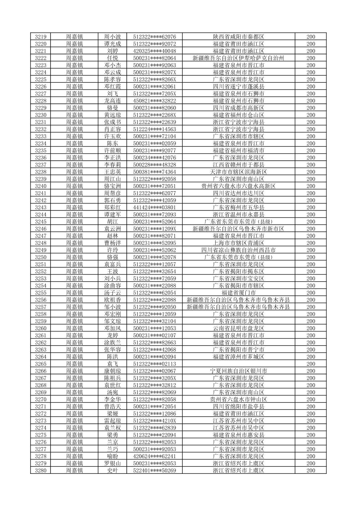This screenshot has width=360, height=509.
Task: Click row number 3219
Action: (x=41, y=37)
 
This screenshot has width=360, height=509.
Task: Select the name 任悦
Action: (x=112, y=58)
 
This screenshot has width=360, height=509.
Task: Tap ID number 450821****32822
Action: (x=154, y=101)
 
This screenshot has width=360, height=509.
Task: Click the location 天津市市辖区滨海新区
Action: (x=238, y=172)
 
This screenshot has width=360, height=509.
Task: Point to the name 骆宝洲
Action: (x=112, y=186)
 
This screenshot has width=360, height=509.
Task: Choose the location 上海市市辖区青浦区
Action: (x=238, y=243)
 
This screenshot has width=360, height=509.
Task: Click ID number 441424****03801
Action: (x=154, y=207)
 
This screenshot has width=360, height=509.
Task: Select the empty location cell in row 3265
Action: (x=238, y=364)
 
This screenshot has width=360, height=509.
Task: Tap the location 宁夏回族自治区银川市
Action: (x=238, y=371)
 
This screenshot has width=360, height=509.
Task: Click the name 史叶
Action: (x=112, y=470)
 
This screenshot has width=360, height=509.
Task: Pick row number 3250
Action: (x=41, y=257)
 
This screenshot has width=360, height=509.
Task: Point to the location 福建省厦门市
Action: (x=238, y=293)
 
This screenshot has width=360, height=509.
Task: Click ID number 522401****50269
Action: (x=154, y=470)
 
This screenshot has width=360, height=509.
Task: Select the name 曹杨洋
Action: (x=112, y=243)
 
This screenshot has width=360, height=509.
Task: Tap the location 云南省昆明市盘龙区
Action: (x=238, y=328)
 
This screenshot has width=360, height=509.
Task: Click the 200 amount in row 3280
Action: (x=310, y=470)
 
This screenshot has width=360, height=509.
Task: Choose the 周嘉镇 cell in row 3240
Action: (x=74, y=186)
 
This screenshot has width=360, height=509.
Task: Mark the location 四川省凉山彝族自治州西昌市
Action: (x=238, y=250)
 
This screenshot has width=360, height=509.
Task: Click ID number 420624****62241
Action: (x=154, y=456)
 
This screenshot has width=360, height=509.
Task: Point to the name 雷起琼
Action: (x=112, y=421)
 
